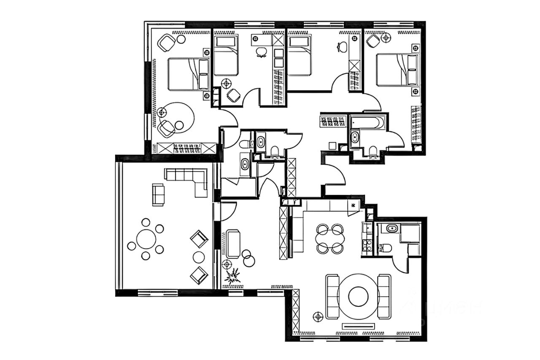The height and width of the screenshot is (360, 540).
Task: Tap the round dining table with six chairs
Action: tap(146, 239)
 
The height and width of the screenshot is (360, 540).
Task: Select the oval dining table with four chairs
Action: tap(330, 239)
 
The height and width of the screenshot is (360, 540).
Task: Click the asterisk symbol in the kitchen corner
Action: tap(354, 206)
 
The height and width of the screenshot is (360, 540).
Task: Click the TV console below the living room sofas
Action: tap(358, 326)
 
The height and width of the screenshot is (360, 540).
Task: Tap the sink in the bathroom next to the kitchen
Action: tap(391, 229)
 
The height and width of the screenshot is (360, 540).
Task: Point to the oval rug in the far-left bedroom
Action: tap(176, 118)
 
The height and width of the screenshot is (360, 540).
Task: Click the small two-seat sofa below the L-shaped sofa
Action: tap(158, 195)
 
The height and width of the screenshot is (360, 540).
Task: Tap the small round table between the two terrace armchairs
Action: tap(199, 257)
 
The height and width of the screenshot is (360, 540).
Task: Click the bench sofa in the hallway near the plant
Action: tap(233, 244)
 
